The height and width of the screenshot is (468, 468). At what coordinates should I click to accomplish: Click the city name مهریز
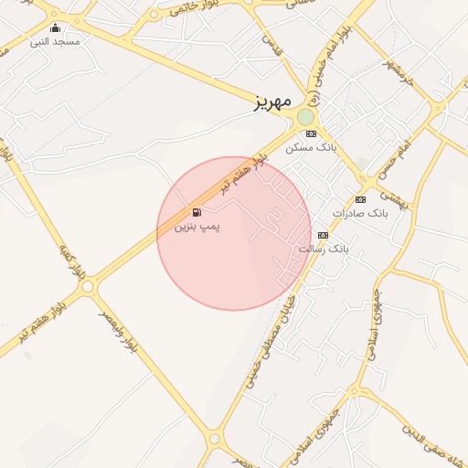pyautogui.click(x=272, y=101)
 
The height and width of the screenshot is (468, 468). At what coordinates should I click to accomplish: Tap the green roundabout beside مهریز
pyautogui.click(x=305, y=117)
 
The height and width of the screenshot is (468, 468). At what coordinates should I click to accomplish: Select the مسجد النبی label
pyautogui.click(x=55, y=41)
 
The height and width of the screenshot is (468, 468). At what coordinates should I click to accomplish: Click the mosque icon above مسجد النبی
pyautogui.click(x=56, y=28)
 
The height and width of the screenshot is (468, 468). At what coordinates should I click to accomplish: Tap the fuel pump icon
pyautogui.click(x=197, y=212)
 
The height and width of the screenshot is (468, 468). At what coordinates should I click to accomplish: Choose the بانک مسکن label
pyautogui.click(x=311, y=146)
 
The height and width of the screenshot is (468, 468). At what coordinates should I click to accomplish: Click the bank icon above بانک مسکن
pyautogui.click(x=311, y=133)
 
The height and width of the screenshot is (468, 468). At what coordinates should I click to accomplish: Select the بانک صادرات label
pyautogui.click(x=360, y=212)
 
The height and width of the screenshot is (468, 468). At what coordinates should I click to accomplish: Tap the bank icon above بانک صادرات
pyautogui.click(x=360, y=199)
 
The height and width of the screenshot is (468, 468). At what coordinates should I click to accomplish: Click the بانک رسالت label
pyautogui.click(x=324, y=248)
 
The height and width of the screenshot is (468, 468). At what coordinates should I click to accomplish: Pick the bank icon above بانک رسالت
pyautogui.click(x=322, y=235)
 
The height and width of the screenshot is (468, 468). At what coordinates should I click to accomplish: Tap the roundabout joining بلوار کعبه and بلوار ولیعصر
pyautogui.click(x=88, y=286)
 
